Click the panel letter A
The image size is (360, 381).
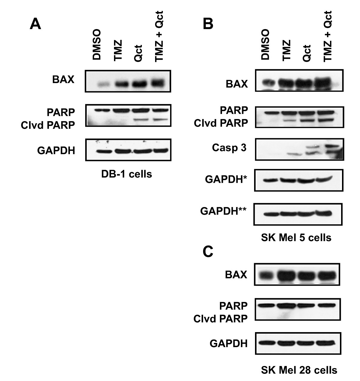tap(35, 24)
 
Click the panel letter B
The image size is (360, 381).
tap(208, 24)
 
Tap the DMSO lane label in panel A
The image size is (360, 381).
tap(97, 44)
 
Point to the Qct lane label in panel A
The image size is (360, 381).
tap(138, 53)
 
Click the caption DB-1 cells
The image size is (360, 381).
tap(127, 174)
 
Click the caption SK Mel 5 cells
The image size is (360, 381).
tap(296, 237)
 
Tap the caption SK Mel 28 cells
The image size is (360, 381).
tap(299, 370)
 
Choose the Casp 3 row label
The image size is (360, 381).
tap(229, 148)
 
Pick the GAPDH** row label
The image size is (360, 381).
tap(223, 211)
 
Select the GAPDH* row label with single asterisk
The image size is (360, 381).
tap(226, 180)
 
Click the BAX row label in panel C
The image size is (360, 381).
tap(236, 275)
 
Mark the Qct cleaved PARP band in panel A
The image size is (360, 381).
tap(140, 120)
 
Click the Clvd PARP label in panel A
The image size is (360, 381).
tap(48, 126)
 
